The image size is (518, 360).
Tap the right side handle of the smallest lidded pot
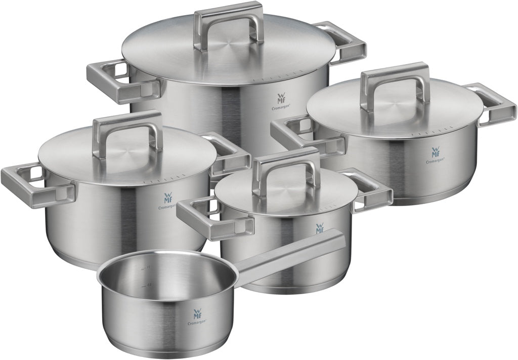point(372,190)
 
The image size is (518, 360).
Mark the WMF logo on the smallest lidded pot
point(320,229)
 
